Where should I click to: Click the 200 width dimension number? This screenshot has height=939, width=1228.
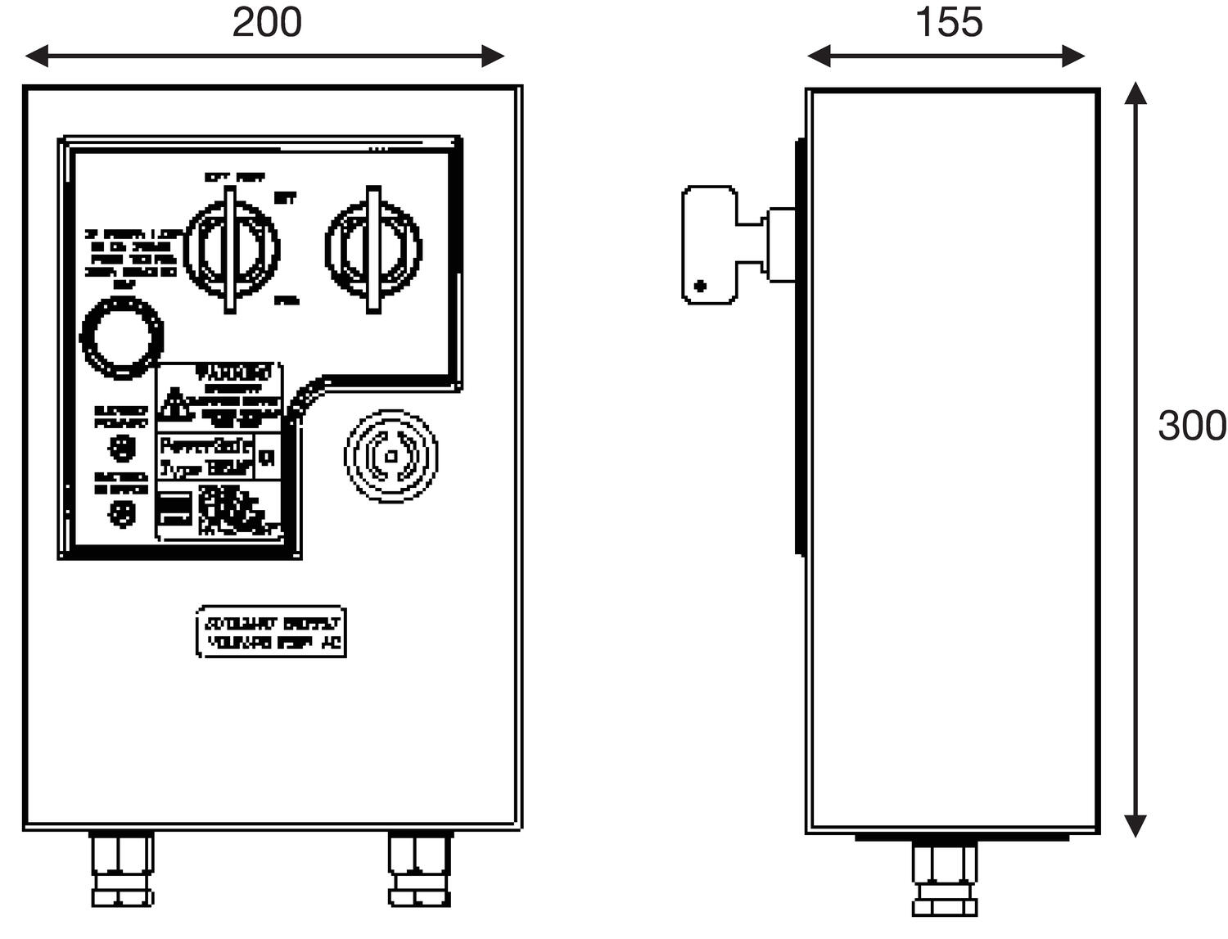(267, 22)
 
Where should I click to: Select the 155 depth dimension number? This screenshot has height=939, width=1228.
(948, 22)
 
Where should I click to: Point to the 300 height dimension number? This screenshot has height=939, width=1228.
(1191, 426)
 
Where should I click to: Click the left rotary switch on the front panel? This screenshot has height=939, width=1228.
(231, 249)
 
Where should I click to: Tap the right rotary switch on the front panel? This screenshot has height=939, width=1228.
(373, 249)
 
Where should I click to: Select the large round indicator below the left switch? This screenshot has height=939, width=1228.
(122, 338)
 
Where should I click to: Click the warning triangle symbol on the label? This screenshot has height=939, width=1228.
(173, 402)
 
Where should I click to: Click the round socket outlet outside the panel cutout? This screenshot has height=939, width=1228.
(391, 456)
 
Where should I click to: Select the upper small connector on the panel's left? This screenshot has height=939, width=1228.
(122, 447)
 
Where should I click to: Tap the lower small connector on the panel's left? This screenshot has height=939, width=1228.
(122, 512)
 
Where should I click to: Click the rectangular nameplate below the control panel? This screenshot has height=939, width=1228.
(271, 632)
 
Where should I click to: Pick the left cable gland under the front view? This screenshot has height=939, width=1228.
(122, 869)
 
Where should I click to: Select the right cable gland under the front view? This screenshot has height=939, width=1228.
(419, 869)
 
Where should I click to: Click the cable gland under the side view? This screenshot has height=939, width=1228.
(944, 880)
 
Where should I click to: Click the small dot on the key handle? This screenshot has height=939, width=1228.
(700, 286)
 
